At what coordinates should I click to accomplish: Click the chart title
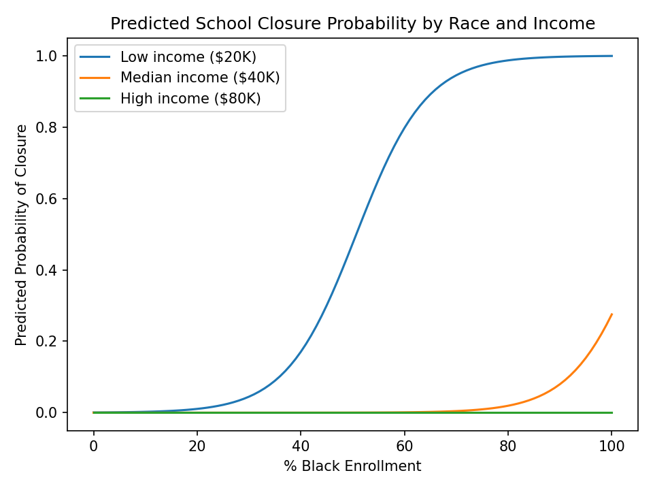[x=352, y=24]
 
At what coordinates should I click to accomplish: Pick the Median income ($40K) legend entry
[x=200, y=78]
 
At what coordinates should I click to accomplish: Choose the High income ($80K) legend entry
[x=190, y=98]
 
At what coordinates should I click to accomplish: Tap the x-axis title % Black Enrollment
[x=352, y=466]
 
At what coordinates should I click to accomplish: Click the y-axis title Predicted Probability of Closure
[x=22, y=234]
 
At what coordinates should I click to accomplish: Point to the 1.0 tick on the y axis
[x=52, y=56]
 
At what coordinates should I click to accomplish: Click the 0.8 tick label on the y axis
[x=52, y=127]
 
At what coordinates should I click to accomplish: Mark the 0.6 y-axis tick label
[x=52, y=199]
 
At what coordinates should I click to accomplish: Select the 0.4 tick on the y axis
[x=52, y=270]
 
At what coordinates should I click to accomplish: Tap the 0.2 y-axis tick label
[x=52, y=341]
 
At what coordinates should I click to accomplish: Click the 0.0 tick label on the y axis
[x=52, y=412]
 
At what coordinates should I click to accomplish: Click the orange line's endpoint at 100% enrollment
[x=612, y=314]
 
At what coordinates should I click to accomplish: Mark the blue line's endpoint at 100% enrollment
[x=612, y=56]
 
